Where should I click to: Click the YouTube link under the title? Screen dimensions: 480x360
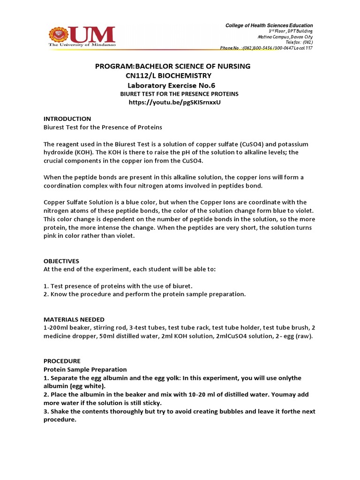[x=174, y=102]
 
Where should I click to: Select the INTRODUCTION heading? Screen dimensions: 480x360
[x=67, y=119]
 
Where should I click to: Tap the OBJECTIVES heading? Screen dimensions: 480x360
[x=61, y=261]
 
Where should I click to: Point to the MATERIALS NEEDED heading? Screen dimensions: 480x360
[x=74, y=319]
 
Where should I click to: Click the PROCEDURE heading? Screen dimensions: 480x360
[x=62, y=361]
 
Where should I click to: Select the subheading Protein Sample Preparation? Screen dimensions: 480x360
[x=85, y=369]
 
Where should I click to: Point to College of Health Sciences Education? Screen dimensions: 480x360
[x=269, y=25]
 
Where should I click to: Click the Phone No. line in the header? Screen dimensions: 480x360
[x=266, y=48]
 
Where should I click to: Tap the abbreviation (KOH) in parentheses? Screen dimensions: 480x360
[x=86, y=152]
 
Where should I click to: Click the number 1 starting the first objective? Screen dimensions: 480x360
[x=45, y=285]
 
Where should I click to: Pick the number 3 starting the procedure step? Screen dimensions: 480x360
[x=45, y=411]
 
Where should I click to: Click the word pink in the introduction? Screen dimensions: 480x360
[x=51, y=236]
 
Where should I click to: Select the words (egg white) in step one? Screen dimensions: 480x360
[x=87, y=386]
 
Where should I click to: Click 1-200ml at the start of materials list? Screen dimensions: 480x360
[x=57, y=328]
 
